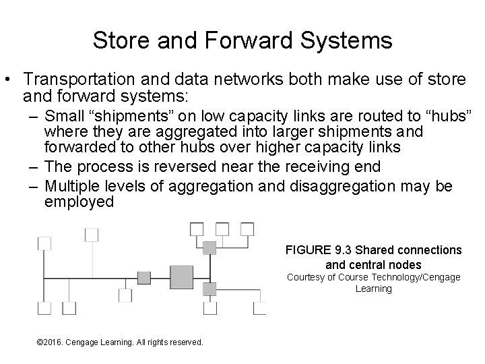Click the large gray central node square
181,277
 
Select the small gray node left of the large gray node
144,277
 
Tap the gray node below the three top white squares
209,248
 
